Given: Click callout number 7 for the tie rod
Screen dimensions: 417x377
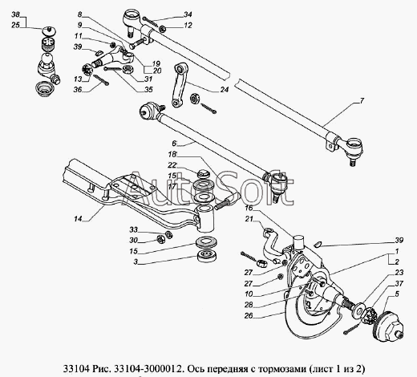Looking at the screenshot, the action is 362,101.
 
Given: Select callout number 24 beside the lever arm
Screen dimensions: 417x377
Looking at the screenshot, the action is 225,90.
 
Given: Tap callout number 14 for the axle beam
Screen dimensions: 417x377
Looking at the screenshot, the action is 78,219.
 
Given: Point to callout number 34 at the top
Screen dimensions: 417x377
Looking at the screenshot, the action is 188,14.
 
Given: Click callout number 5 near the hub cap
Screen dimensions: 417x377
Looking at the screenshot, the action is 397,294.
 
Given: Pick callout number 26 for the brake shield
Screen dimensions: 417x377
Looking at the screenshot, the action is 249,315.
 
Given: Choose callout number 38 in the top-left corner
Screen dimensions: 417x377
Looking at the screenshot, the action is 15,14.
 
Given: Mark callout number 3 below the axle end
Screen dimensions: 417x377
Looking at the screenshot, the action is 136,261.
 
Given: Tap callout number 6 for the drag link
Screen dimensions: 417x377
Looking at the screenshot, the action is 174,144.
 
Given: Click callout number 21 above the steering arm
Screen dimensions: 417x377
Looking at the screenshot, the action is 249,219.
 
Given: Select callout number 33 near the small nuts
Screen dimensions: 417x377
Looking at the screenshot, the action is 133,229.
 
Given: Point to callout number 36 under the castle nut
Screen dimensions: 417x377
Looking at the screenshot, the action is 78,90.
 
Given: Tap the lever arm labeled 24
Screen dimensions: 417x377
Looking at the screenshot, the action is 178,86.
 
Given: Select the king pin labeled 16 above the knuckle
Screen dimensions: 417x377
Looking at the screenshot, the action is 299,241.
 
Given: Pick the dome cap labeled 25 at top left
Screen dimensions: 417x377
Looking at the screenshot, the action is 49,30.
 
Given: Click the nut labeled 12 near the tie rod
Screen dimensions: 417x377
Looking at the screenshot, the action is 162,29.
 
